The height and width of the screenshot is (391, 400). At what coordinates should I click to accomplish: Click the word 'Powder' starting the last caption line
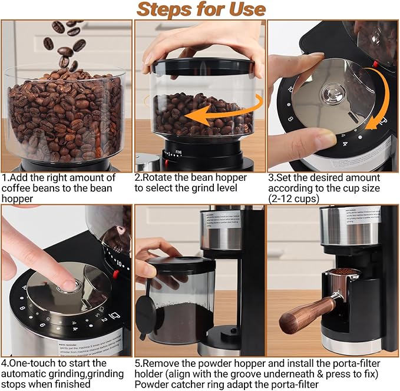[153, 385]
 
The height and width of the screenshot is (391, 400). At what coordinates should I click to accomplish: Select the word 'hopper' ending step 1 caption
[17, 199]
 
